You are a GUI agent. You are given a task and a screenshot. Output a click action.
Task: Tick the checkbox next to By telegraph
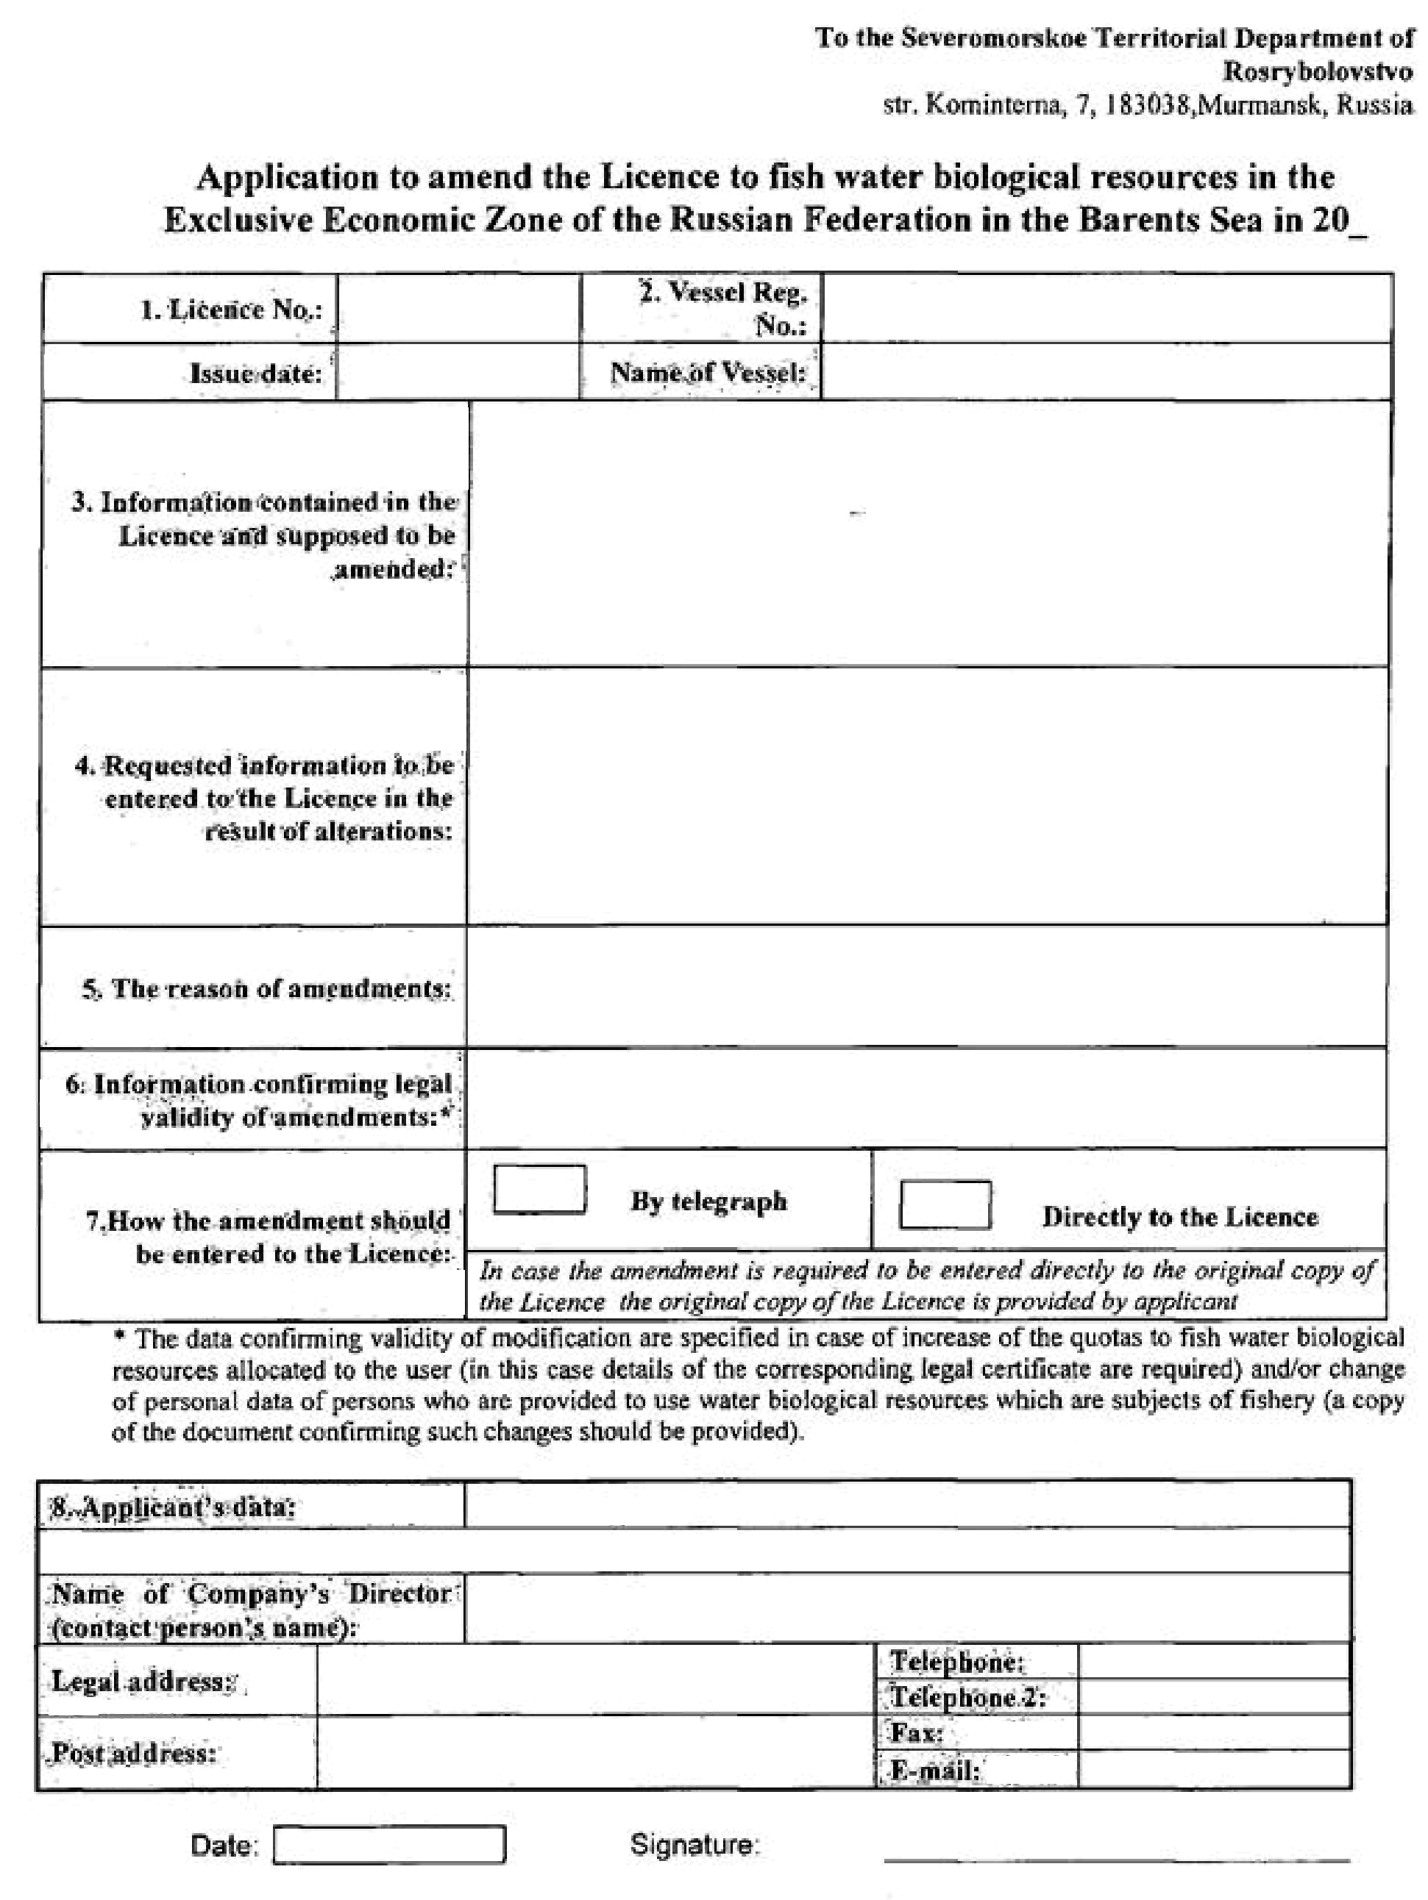click(x=539, y=1189)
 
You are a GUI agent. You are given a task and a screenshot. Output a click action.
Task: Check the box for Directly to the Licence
click(x=944, y=1204)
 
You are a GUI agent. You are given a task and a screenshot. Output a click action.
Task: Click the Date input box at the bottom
click(x=389, y=1844)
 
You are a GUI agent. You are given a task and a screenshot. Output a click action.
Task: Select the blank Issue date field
click(x=458, y=373)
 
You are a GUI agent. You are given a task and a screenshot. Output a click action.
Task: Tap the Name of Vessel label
click(x=708, y=373)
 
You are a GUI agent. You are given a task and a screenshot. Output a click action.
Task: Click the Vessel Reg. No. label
click(x=723, y=307)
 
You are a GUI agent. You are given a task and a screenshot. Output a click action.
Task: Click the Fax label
click(x=917, y=1733)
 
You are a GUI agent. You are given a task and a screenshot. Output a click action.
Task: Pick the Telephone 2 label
click(x=967, y=1697)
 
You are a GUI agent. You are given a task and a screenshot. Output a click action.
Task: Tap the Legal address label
click(x=143, y=1681)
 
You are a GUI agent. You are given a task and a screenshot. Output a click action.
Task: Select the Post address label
click(x=133, y=1753)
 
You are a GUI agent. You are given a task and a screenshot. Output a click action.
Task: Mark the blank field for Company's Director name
click(x=906, y=1609)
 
